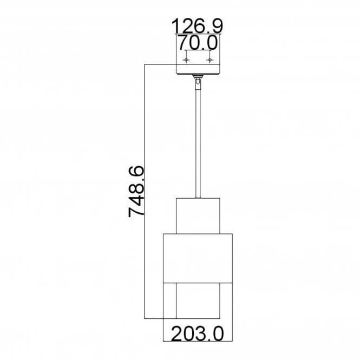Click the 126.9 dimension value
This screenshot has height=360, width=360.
pos(197,26)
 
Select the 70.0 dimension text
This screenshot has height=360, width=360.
pos(198,43)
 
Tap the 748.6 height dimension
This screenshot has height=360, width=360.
pos(136,192)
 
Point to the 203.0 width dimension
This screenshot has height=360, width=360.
pos(197,333)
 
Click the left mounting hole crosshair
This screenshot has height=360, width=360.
pos(186,60)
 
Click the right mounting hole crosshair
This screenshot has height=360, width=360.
pos(210,60)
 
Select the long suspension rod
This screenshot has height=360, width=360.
pos(198,143)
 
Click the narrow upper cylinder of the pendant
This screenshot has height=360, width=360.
pos(198,216)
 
